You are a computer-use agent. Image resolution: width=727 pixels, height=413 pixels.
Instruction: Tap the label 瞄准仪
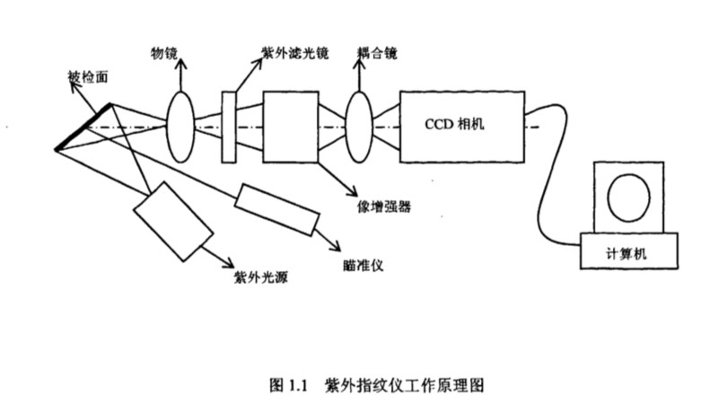point(361,264)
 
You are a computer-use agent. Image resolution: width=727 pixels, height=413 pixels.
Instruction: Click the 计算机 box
point(627,254)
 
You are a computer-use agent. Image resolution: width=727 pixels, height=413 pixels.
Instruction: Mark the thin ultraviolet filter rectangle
point(230,127)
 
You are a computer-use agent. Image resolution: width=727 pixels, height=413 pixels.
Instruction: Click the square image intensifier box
point(289,127)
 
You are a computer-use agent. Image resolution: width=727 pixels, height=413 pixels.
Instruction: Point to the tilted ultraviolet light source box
point(172,221)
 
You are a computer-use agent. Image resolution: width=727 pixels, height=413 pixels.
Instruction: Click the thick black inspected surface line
point(83,127)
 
